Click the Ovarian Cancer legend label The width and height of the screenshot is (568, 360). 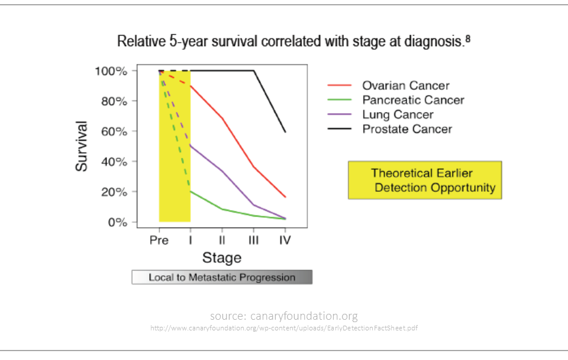[x=406, y=86]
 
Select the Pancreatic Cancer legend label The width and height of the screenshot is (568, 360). [x=413, y=100]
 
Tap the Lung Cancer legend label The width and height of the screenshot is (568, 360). [x=398, y=114]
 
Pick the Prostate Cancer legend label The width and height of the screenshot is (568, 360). [x=407, y=129]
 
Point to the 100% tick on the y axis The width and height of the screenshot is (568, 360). [x=111, y=71]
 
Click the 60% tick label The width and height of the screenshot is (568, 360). [x=114, y=131]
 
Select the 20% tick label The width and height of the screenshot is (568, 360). [x=114, y=192]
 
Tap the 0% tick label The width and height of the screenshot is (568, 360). [x=117, y=223]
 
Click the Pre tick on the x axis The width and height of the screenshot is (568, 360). [x=159, y=240]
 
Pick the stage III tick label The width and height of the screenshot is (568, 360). [x=254, y=240]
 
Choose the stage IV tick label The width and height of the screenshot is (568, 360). [x=285, y=240]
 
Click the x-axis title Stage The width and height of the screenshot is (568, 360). [x=222, y=258]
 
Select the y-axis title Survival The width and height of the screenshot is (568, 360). [x=82, y=146]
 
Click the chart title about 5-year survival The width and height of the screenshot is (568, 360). [x=293, y=42]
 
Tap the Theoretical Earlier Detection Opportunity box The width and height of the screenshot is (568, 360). [x=424, y=180]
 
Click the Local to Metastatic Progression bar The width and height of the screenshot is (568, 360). [x=222, y=277]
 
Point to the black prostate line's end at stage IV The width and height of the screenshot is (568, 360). [x=285, y=131]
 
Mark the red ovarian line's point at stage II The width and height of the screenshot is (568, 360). [x=222, y=118]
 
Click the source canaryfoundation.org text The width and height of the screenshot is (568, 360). [x=283, y=316]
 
